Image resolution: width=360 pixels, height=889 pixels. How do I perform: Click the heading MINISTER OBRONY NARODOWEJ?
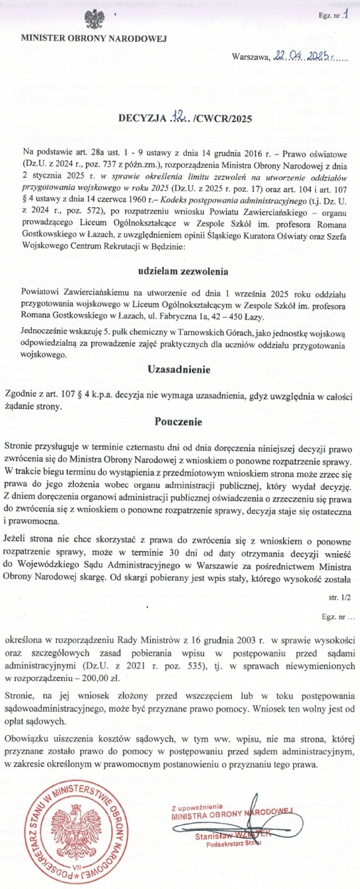[97, 39]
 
